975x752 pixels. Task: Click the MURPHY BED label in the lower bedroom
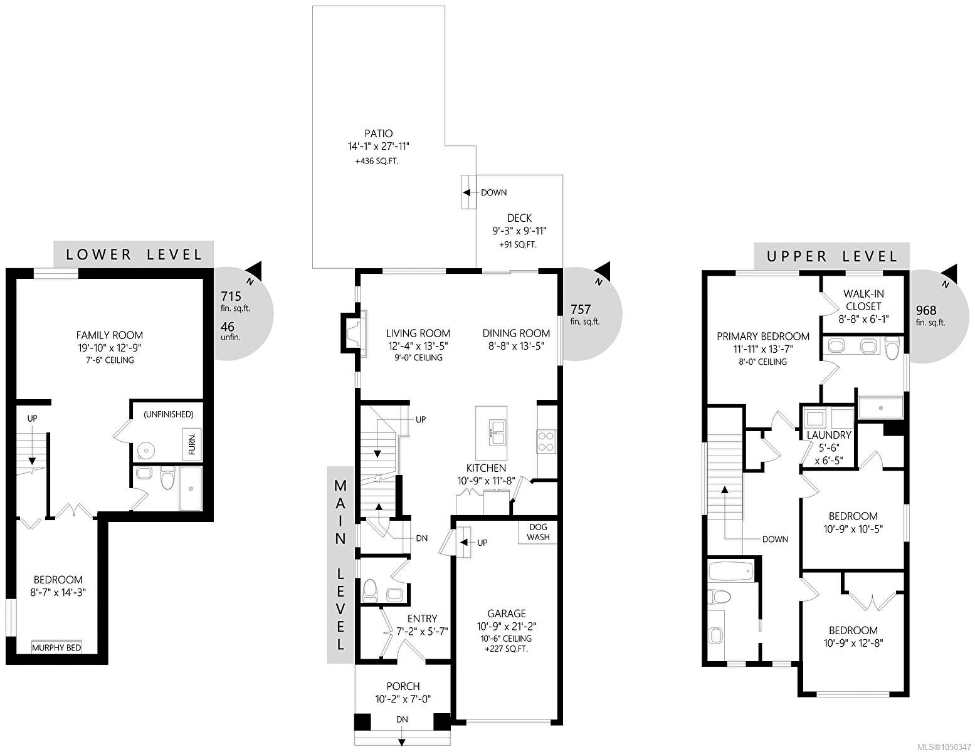coord(56,647)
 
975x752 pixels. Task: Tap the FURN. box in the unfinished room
coord(192,444)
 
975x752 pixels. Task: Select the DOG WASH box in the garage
coord(538,532)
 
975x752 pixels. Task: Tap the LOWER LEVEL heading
coord(134,254)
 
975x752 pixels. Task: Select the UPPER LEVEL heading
coord(831,256)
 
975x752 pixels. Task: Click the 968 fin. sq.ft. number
coord(926,310)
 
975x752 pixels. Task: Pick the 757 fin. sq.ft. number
coord(581,309)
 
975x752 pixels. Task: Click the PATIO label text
coord(378,133)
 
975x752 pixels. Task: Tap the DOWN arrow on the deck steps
coord(467,192)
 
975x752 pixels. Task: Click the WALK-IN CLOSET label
coord(863,300)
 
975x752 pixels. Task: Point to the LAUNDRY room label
coord(828,435)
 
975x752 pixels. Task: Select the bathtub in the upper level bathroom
coord(730,572)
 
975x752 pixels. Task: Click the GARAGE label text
coord(507,614)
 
